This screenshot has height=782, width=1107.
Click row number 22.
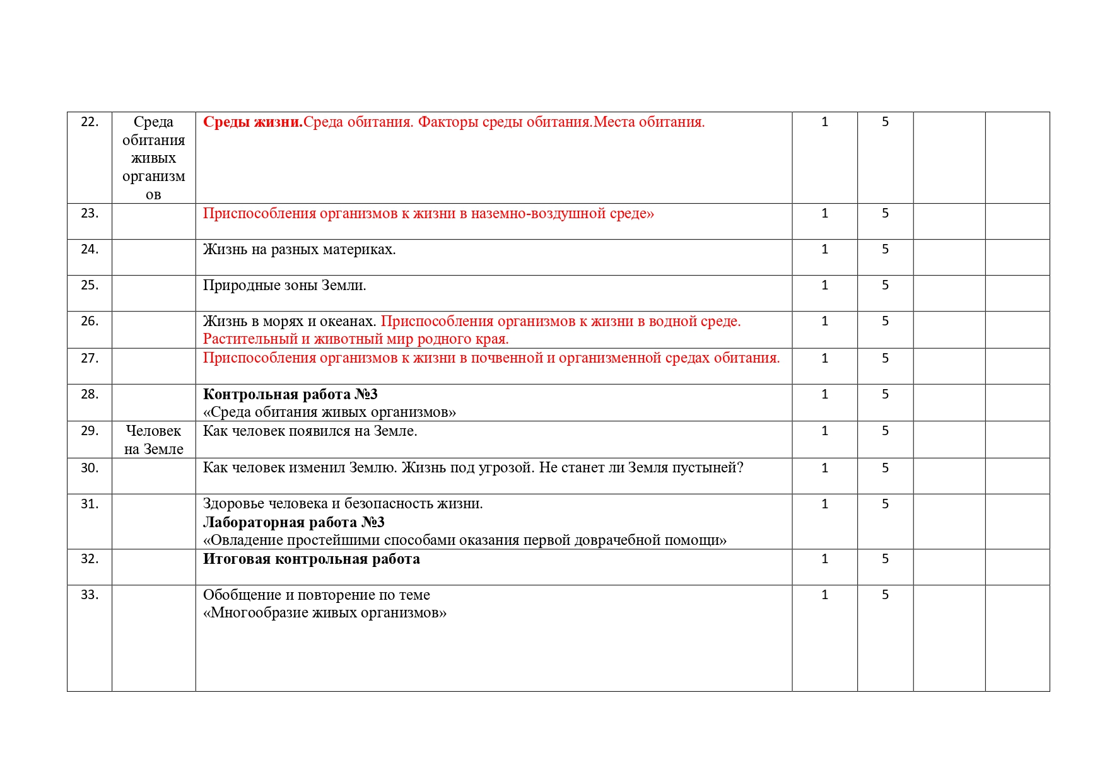[90, 122]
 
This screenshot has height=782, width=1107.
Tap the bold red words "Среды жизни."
[252, 122]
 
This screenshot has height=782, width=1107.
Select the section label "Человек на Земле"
[153, 440]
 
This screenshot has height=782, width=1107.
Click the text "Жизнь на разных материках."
[299, 250]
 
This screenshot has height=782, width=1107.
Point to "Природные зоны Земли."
[284, 286]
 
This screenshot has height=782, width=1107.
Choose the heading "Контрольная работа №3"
[290, 395]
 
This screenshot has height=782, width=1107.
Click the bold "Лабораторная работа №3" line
[293, 522]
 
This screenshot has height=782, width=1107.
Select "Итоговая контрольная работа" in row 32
[311, 559]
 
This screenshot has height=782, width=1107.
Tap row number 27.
[90, 358]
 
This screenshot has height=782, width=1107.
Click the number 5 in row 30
[885, 468]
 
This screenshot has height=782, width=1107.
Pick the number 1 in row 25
[824, 285]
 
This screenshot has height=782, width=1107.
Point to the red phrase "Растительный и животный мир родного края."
[356, 339]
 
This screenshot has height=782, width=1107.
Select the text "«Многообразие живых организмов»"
[324, 613]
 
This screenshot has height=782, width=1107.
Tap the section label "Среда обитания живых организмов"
[153, 158]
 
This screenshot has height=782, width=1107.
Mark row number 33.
[90, 595]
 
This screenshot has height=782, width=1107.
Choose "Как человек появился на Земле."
[310, 431]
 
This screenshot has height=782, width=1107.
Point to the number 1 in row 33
[824, 595]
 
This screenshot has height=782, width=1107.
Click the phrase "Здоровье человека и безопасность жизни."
[343, 504]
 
